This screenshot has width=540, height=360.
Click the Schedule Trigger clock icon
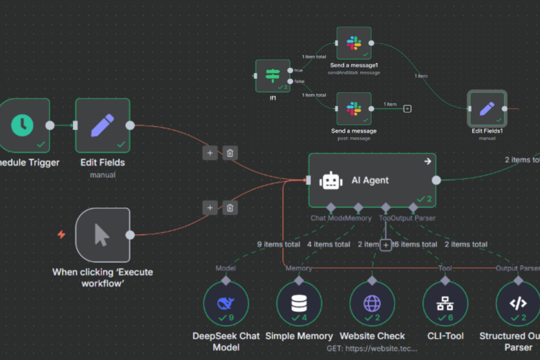[x=23, y=124]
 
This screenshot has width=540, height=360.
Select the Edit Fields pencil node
[x=103, y=125]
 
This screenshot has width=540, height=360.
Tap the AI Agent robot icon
[x=331, y=181]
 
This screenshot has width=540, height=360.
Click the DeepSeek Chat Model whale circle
[x=225, y=304]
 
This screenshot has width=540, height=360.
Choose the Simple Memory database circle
[x=298, y=304]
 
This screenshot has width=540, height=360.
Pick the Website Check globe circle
[x=372, y=304]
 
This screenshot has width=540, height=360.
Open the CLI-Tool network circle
[x=445, y=304]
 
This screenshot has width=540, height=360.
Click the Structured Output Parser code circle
[x=517, y=304]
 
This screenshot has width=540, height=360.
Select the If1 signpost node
[x=273, y=75]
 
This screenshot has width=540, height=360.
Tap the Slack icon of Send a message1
[x=354, y=42]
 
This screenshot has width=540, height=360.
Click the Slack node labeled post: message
[x=354, y=109]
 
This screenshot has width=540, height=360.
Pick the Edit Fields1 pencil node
[x=487, y=108]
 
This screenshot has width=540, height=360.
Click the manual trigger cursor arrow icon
[x=102, y=234]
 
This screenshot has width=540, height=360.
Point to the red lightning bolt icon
[x=61, y=235]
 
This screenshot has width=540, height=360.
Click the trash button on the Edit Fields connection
[x=230, y=153]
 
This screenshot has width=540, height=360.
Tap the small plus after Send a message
[x=407, y=109]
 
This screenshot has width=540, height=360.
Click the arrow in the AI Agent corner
[x=428, y=161]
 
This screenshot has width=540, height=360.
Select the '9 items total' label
[x=279, y=244]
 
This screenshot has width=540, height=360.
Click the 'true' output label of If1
[x=299, y=70]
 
